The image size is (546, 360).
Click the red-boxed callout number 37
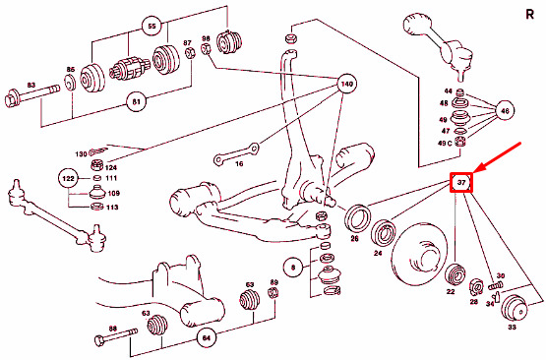click(461, 182)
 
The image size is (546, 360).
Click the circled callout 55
click(152, 27)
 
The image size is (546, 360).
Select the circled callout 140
click(347, 84)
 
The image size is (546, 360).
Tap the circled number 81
click(136, 101)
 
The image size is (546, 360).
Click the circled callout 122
click(68, 179)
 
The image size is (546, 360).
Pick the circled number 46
click(505, 111)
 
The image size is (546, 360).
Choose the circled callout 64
click(207, 337)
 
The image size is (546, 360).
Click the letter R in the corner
click(529, 15)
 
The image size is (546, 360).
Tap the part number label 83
click(31, 85)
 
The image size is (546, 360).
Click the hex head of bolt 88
click(99, 340)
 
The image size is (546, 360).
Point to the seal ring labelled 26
click(356, 217)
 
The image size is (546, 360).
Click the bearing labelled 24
click(383, 232)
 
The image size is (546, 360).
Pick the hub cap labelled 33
click(515, 308)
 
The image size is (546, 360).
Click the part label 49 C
click(445, 143)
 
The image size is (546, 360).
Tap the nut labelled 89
click(273, 293)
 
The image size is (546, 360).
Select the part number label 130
click(81, 153)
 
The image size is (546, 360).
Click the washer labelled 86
click(71, 83)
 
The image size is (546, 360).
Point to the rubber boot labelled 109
click(97, 193)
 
